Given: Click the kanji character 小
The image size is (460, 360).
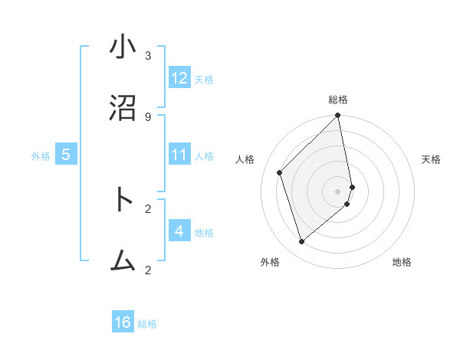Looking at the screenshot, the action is click(x=123, y=47).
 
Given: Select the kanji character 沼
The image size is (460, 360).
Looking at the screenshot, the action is click(x=123, y=109).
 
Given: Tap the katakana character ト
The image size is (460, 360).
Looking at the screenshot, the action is click(x=123, y=201).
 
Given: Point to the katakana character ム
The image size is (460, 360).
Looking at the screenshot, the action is click(x=123, y=261).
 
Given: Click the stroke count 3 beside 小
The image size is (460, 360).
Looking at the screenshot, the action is click(x=148, y=55).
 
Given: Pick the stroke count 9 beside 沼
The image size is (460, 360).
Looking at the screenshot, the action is click(x=148, y=116).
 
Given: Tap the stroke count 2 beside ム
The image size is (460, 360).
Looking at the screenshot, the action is click(x=148, y=269).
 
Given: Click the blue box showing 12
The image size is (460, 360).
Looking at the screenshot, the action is click(x=179, y=78).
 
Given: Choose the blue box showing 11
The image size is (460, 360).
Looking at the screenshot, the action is click(x=179, y=155).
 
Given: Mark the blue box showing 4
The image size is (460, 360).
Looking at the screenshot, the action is click(x=179, y=231).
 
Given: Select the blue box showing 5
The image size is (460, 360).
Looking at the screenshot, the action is click(x=66, y=155).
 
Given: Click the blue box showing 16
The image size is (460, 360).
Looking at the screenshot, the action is click(x=123, y=322).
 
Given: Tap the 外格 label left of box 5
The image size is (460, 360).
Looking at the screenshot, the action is click(x=41, y=156).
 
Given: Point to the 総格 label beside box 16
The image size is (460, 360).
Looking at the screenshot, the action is click(x=147, y=324).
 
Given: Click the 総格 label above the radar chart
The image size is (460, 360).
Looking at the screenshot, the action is click(x=338, y=100).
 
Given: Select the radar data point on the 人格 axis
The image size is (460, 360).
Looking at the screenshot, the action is click(x=280, y=172).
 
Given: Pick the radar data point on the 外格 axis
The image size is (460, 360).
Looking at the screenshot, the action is click(x=301, y=242).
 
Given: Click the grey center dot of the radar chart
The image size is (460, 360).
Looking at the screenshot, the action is click(x=338, y=191).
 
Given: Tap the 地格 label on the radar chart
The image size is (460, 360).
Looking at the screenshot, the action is click(x=402, y=262).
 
